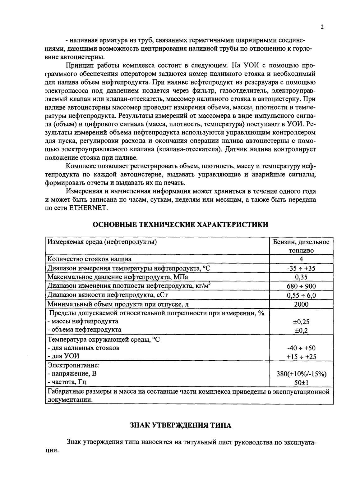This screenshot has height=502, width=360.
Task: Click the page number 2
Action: (x=322, y=27)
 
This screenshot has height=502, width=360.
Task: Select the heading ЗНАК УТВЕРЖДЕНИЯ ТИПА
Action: (x=180, y=425)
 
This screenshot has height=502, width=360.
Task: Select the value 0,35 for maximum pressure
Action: (x=301, y=277)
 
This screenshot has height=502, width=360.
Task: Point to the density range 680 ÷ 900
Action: (x=301, y=286)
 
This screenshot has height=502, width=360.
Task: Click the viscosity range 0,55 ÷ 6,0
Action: (x=301, y=295)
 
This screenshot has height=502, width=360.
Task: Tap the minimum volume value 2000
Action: (x=301, y=304)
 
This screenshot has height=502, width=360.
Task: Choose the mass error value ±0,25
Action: (x=301, y=322)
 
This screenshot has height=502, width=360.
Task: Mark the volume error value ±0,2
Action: (x=301, y=331)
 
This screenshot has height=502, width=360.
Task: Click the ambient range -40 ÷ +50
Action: (x=301, y=348)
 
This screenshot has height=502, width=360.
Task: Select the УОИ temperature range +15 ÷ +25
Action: (x=301, y=357)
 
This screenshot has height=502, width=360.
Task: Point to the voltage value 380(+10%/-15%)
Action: (x=301, y=374)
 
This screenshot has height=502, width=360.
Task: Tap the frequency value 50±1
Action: (x=301, y=383)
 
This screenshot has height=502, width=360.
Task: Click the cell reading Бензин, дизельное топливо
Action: (x=301, y=246)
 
